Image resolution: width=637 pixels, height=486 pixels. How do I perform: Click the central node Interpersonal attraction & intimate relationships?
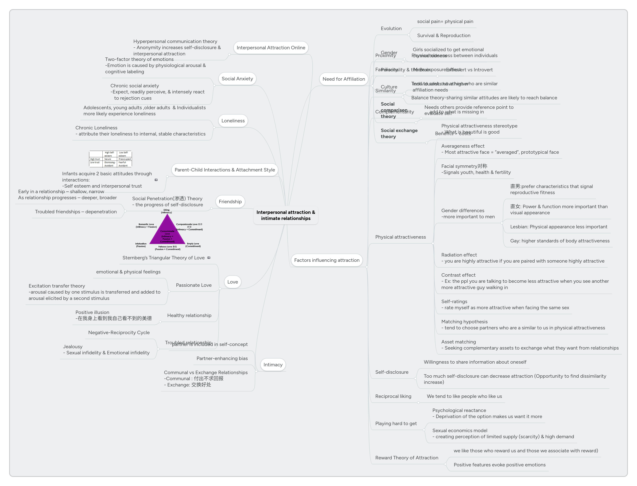tap(285, 215)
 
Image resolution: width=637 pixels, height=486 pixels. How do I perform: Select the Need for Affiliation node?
tap(343, 79)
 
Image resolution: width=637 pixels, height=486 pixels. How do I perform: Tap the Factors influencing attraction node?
tap(326, 260)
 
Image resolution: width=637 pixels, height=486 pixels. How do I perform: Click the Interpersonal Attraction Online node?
tap(271, 48)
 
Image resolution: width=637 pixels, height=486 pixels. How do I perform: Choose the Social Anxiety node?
tap(237, 79)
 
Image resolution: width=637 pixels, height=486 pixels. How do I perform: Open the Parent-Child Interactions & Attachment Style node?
tap(225, 170)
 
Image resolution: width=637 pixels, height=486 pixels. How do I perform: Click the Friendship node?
tap(230, 202)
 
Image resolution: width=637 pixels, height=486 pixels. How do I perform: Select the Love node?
tap(232, 282)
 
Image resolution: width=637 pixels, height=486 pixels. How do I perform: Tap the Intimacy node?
tap(273, 365)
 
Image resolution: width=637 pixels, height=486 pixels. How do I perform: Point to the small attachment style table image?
tap(110, 159)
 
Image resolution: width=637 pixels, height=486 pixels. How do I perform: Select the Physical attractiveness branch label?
tap(400, 237)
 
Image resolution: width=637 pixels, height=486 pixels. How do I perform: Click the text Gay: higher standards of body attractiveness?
tap(560, 241)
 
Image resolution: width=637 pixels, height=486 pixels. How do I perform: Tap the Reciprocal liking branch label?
tap(393, 396)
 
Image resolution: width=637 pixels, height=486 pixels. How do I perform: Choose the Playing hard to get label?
tap(396, 424)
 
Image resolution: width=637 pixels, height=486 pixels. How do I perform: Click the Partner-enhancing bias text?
tap(222, 359)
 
